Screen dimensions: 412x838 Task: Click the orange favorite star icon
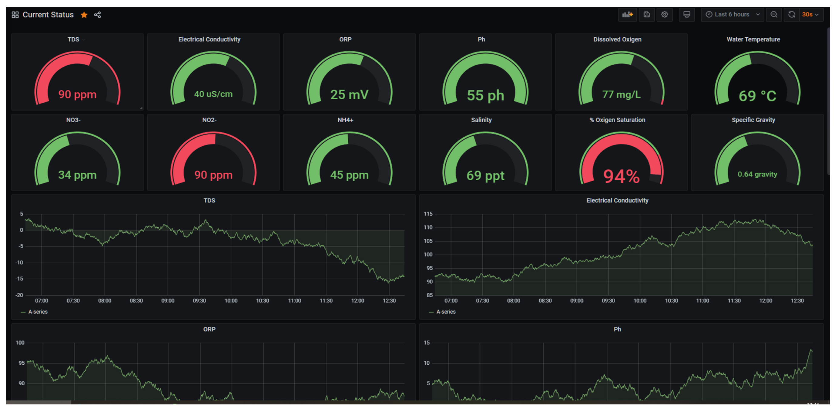pyautogui.click(x=84, y=15)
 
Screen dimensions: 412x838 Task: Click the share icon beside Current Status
pyautogui.click(x=97, y=15)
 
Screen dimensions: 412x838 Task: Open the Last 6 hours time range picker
pyautogui.click(x=732, y=14)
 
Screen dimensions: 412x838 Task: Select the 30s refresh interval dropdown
pyautogui.click(x=810, y=14)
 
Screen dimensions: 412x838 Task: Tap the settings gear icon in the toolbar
pyautogui.click(x=664, y=14)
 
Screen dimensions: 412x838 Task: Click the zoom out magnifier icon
pyautogui.click(x=774, y=14)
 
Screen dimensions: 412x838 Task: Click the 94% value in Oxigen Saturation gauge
pyautogui.click(x=621, y=176)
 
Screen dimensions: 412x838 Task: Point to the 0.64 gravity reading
pyautogui.click(x=757, y=174)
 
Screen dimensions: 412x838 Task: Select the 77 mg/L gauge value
pyautogui.click(x=621, y=94)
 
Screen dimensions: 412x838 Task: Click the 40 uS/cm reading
pyautogui.click(x=213, y=94)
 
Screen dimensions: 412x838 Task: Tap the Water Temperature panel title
pyautogui.click(x=753, y=39)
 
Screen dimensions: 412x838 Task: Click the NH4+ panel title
pyautogui.click(x=345, y=120)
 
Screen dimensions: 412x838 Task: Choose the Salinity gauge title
pyautogui.click(x=481, y=120)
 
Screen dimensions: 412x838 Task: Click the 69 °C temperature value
pyautogui.click(x=757, y=96)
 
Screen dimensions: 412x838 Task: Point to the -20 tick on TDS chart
pyautogui.click(x=19, y=295)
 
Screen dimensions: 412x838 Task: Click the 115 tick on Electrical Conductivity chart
pyautogui.click(x=428, y=214)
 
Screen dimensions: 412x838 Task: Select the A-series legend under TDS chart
pyautogui.click(x=38, y=312)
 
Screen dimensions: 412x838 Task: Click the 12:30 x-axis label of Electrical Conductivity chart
pyautogui.click(x=797, y=301)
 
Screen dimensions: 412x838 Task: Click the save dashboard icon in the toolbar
pyautogui.click(x=646, y=14)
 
